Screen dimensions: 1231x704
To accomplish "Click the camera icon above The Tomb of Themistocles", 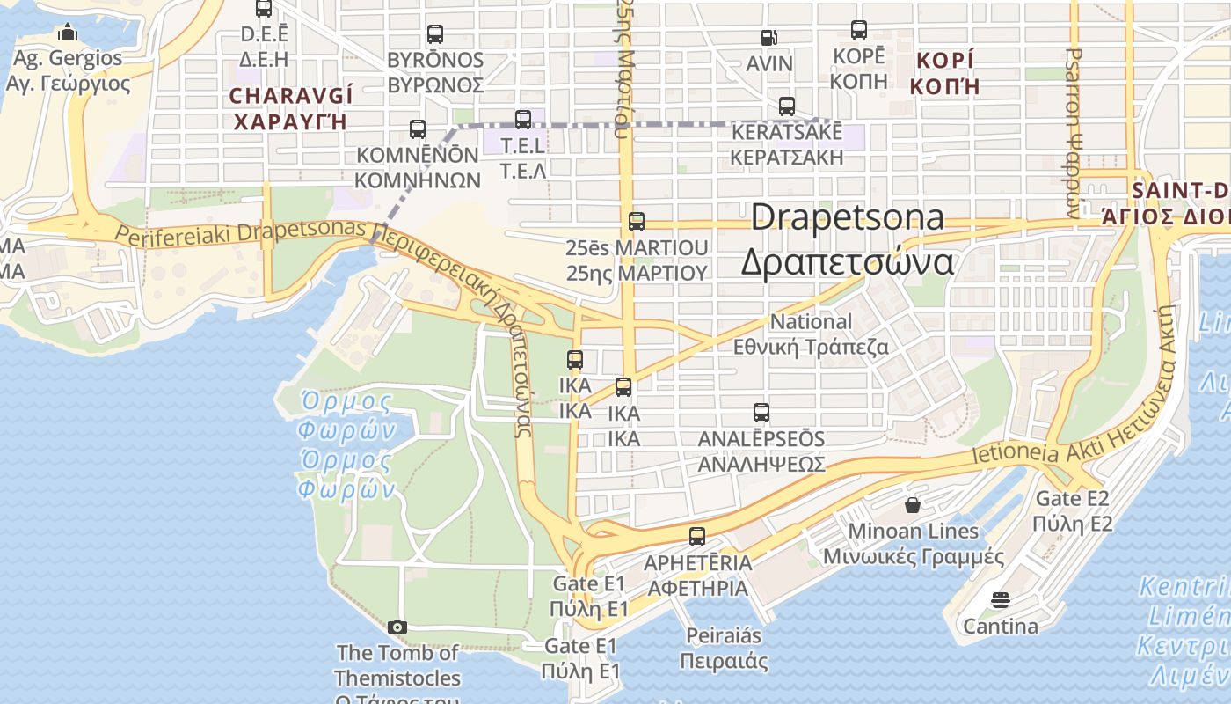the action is (x=397, y=627).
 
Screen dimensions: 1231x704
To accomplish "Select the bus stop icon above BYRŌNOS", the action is (x=435, y=34).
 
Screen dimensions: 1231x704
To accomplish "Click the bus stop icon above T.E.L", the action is (x=523, y=119).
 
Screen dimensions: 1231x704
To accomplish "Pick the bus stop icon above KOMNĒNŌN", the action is (x=418, y=129).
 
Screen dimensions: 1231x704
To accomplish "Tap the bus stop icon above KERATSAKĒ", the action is (x=787, y=106).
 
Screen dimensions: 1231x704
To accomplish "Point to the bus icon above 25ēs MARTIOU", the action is (x=637, y=222).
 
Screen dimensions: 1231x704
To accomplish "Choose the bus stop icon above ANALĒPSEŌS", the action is (x=761, y=412).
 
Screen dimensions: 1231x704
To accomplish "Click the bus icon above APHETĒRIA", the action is (x=697, y=536).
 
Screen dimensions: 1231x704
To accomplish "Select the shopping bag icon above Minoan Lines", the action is (x=913, y=505).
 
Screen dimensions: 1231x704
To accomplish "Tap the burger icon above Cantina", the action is (x=1000, y=600).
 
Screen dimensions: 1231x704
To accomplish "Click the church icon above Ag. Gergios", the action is (x=68, y=33).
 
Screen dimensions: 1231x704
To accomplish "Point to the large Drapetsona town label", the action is (x=848, y=239).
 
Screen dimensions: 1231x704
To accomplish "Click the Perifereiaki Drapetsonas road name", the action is (x=239, y=233).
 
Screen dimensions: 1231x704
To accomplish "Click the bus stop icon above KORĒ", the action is (x=859, y=30).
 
